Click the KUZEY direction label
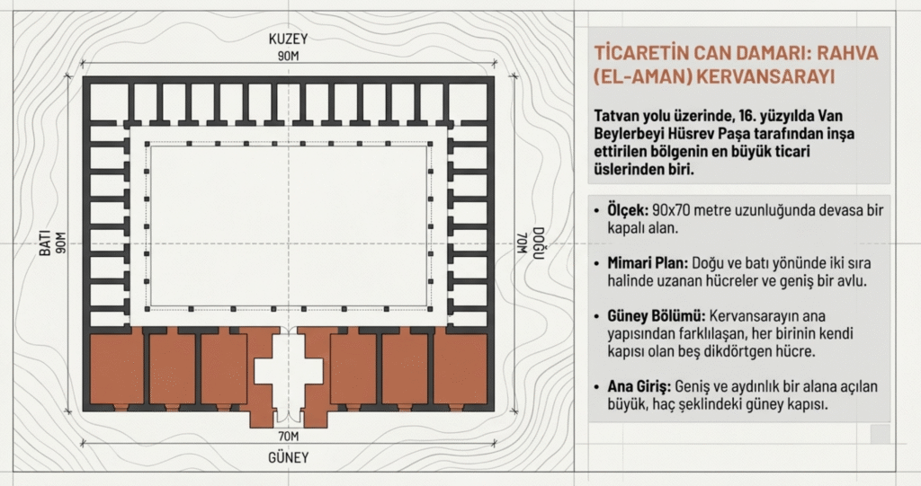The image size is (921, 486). [288, 40]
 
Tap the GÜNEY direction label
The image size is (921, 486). [288, 457]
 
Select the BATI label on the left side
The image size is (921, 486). [43, 243]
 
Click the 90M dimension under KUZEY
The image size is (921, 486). [288, 57]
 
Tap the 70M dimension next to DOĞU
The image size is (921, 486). [521, 243]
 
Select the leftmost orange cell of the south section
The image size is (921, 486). [117, 368]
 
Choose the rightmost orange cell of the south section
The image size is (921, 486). [460, 368]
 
